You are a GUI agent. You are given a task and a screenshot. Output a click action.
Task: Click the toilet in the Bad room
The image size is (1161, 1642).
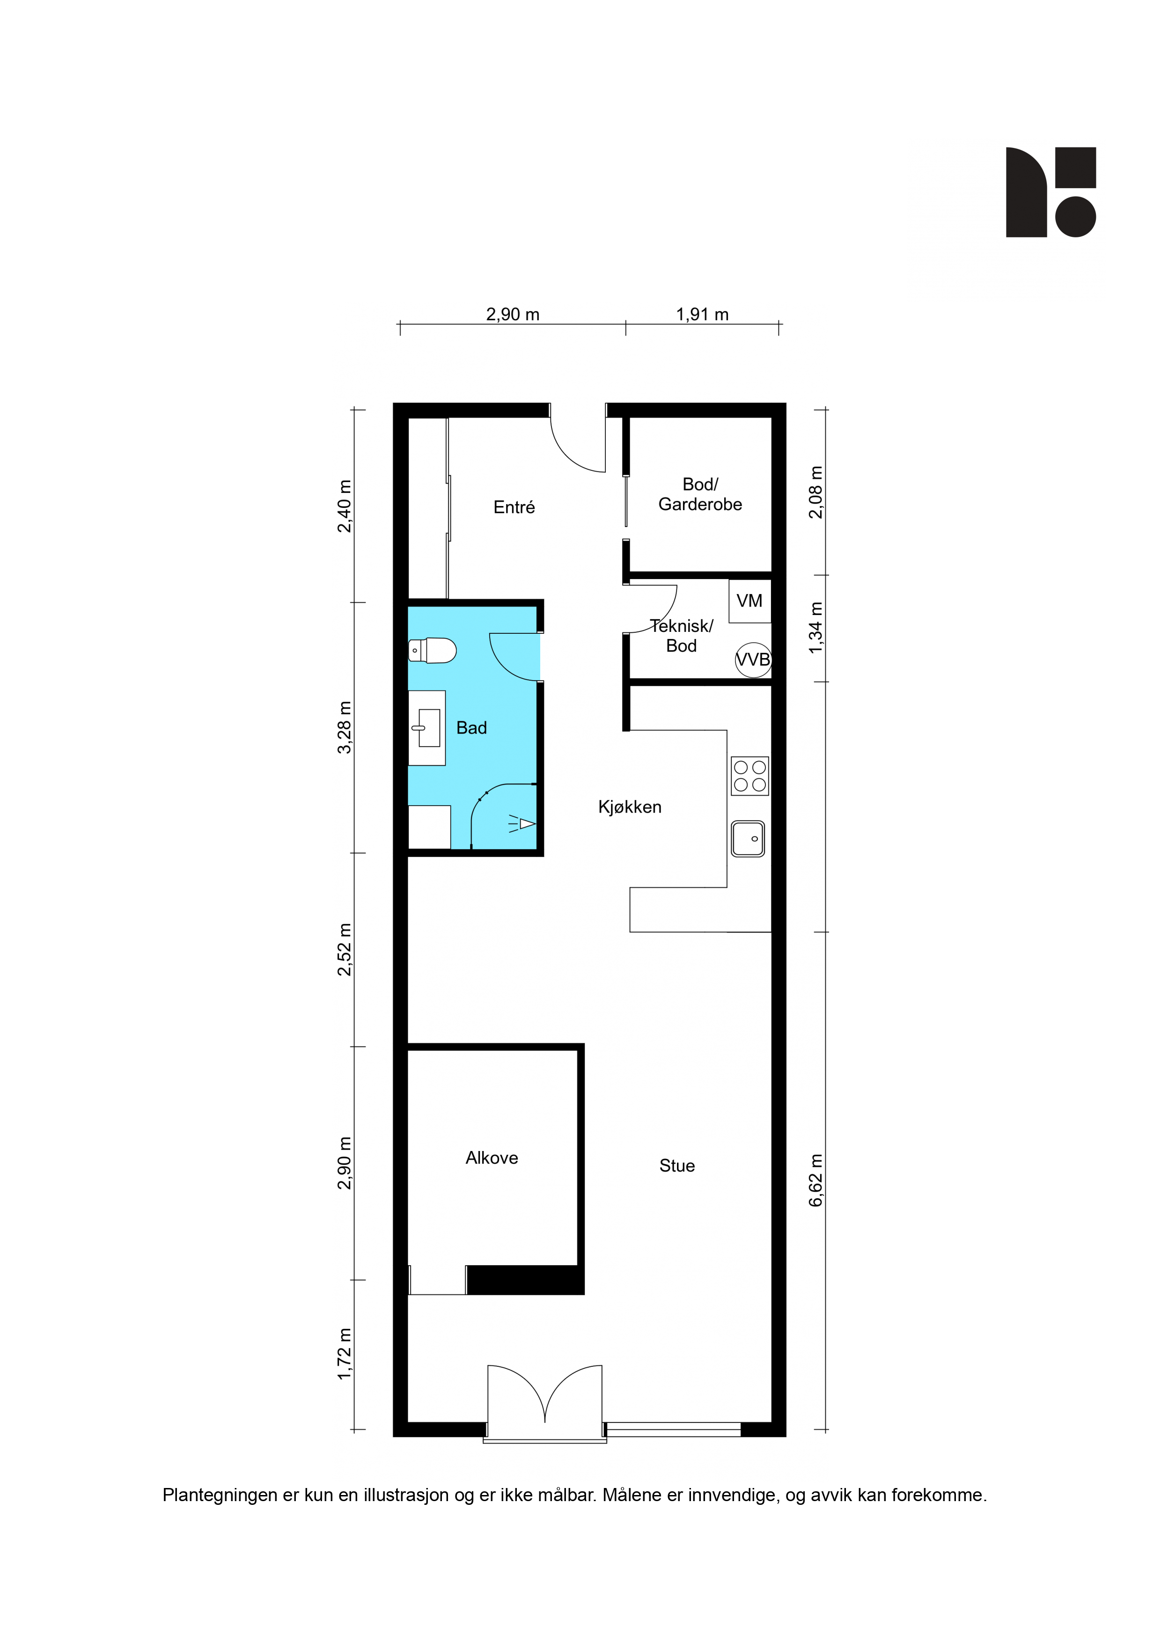(432, 650)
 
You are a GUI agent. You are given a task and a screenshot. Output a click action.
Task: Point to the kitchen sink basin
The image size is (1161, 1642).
(748, 838)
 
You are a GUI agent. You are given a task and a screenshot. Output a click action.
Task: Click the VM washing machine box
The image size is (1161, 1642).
(750, 601)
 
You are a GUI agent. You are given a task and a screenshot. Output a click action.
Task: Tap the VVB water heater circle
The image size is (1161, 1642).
(753, 660)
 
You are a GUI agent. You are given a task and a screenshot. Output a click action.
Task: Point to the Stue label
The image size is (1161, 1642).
(677, 1166)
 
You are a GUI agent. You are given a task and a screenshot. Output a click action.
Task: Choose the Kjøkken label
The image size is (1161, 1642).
(630, 806)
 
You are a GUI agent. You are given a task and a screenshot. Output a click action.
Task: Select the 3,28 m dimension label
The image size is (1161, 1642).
(345, 727)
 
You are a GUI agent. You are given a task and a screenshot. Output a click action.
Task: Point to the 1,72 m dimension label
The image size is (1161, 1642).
(345, 1354)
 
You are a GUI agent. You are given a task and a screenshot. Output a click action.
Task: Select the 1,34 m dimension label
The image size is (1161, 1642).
(816, 627)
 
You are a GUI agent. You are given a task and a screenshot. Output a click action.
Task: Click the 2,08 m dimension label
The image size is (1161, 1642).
(816, 492)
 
